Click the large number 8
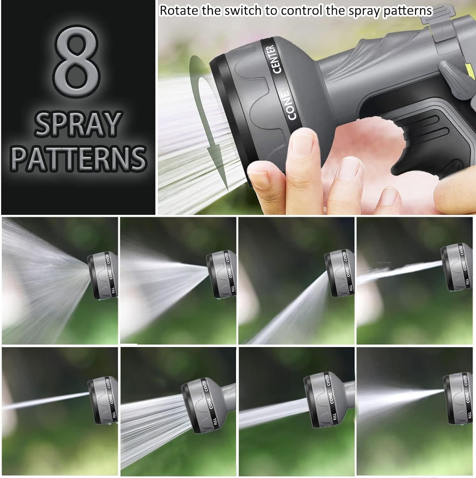coord(76,58)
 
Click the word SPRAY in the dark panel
coord(78,124)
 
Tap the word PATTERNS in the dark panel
coord(78,158)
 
